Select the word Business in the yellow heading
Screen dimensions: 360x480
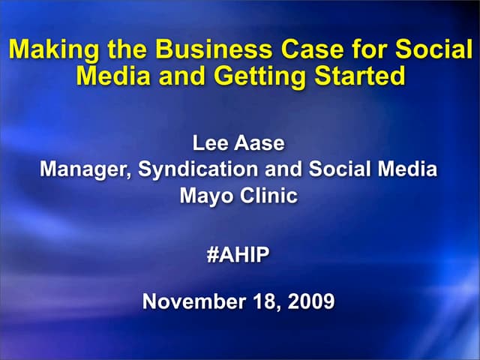(x=198, y=51)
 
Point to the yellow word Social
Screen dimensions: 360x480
(x=430, y=51)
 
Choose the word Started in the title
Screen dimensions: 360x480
(x=355, y=76)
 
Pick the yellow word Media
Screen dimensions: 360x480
(x=112, y=76)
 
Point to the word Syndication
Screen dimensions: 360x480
(x=198, y=169)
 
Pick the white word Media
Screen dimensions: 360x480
(x=409, y=169)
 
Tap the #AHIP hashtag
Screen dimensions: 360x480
(x=238, y=255)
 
